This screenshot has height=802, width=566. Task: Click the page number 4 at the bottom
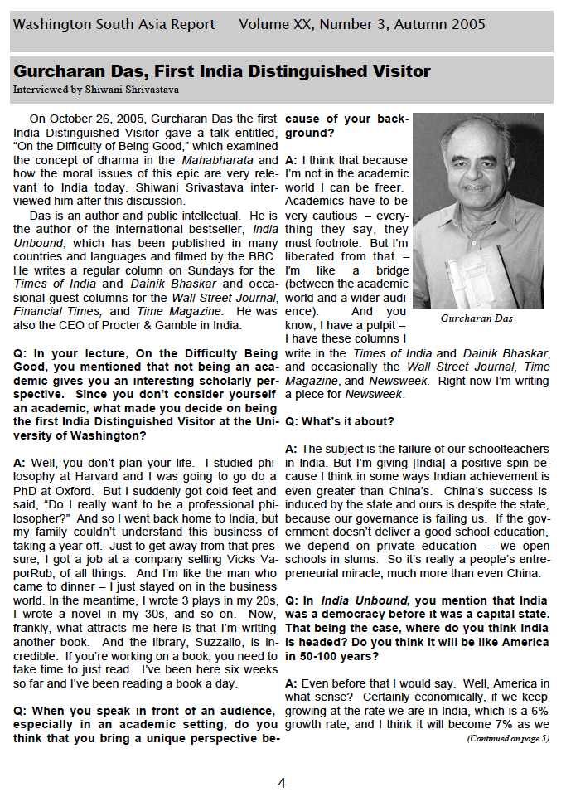pos(282,783)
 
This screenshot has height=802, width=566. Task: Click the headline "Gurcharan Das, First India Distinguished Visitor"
pos(222,71)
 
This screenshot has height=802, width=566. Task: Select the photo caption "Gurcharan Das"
pos(477,318)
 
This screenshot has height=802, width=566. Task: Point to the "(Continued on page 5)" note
pos(507,738)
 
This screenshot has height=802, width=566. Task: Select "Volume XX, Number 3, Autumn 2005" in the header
pos(362,25)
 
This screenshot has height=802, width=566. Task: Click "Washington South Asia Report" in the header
pos(114,25)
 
